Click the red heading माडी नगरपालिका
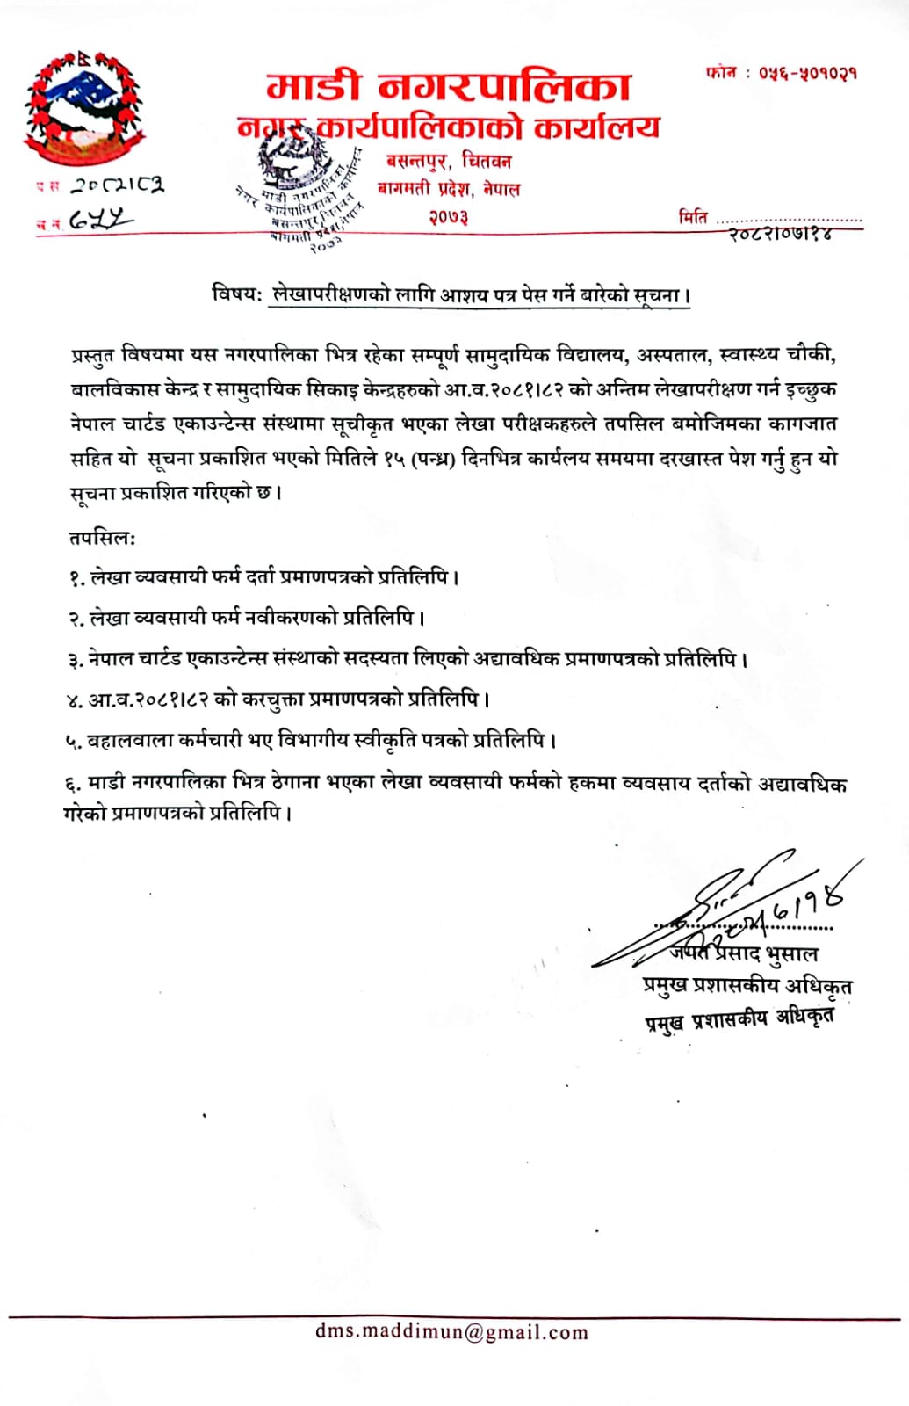(449, 87)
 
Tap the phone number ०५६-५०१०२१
(807, 73)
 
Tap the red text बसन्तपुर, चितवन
(448, 162)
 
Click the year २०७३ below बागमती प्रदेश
(448, 216)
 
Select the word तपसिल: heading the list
(102, 538)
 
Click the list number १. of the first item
(76, 578)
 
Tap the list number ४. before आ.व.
(75, 700)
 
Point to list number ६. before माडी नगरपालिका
(74, 784)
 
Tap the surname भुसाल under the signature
(791, 954)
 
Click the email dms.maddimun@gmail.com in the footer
(451, 1332)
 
